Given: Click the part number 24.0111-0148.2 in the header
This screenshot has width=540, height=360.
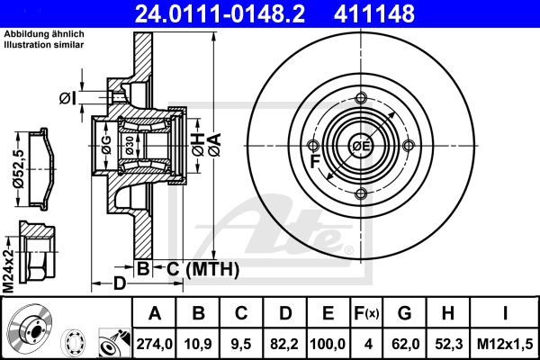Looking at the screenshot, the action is click(x=220, y=13).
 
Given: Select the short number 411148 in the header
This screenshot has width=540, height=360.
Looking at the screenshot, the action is click(x=374, y=13).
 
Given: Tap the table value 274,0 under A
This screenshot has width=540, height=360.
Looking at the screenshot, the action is click(x=154, y=344).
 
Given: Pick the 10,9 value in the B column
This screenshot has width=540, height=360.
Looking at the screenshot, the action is click(x=198, y=344).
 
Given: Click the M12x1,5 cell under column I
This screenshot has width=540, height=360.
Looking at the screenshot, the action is click(x=505, y=344).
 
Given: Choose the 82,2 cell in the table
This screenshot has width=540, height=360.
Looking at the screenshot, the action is click(x=284, y=344).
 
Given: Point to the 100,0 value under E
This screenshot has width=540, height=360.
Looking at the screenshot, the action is click(x=328, y=344).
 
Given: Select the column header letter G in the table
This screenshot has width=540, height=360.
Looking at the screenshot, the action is click(x=405, y=313).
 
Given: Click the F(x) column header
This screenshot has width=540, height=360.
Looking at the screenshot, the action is click(x=366, y=313).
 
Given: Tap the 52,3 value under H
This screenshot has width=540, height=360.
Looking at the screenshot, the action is click(x=448, y=344).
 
